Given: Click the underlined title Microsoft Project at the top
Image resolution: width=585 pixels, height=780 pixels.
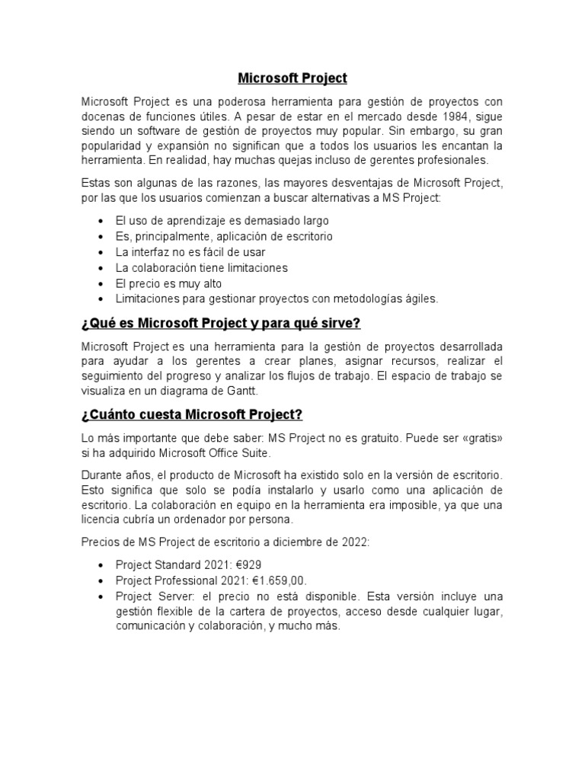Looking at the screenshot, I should pos(292,78).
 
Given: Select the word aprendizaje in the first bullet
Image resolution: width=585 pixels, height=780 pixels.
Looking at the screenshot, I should pos(187,221).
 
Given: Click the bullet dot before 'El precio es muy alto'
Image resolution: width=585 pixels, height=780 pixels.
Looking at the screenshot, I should pos(101,283).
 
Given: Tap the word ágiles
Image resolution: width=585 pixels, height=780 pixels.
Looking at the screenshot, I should pos(420,299).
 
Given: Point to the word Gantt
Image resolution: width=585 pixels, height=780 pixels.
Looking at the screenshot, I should pos(243,391).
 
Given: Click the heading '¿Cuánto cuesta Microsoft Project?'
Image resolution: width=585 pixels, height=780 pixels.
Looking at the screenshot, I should pos(191,414).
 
